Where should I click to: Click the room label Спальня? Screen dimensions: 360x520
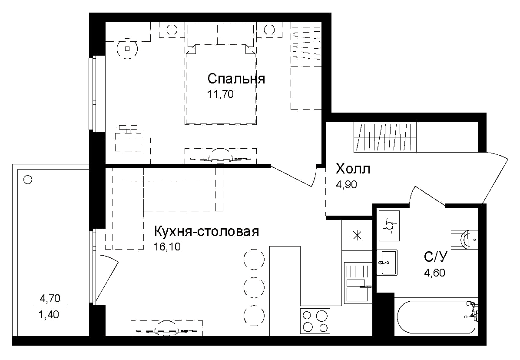click(236, 79)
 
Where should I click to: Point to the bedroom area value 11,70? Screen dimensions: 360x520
click(220, 94)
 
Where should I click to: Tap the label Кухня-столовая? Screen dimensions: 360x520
click(206, 232)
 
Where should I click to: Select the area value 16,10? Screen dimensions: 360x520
click(167, 247)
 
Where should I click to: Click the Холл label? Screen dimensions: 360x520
click(353, 169)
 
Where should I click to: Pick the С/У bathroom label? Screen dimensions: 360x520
click(435, 257)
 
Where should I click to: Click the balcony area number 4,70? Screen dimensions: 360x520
click(50, 298)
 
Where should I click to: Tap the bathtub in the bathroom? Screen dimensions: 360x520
click(437, 316)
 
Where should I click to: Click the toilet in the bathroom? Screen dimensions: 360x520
click(467, 239)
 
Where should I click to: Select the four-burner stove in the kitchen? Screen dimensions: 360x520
click(315, 321)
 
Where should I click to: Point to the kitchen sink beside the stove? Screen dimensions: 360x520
click(357, 283)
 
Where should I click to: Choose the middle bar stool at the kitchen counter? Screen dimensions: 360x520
click(254, 287)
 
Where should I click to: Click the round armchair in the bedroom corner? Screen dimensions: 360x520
click(127, 48)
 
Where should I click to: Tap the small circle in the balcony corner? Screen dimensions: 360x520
click(28, 179)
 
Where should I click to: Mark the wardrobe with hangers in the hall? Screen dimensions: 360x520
click(385, 137)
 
